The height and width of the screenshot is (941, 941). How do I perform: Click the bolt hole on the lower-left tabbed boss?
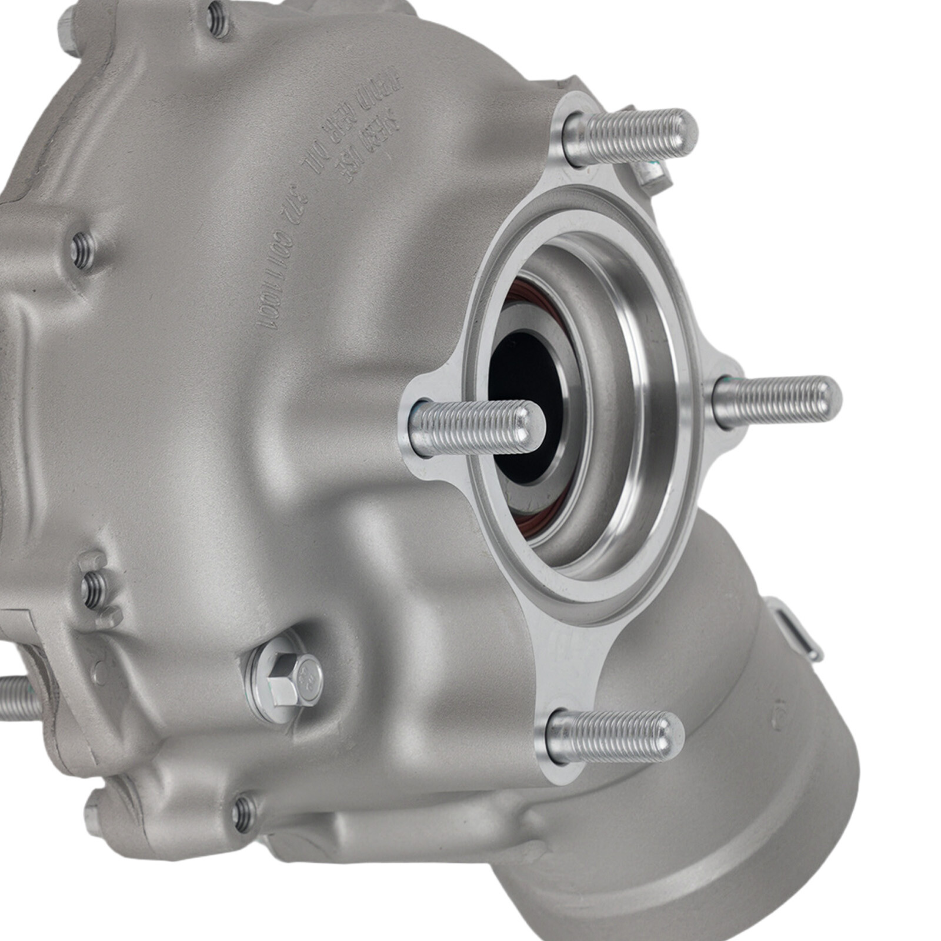coord(94,589)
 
